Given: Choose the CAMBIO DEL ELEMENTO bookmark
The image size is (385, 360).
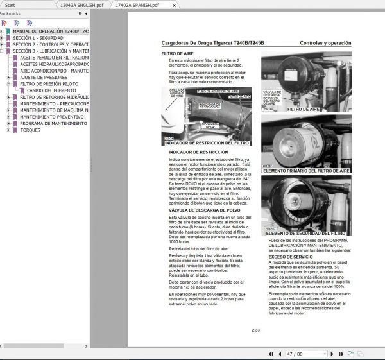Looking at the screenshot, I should pos(52,90).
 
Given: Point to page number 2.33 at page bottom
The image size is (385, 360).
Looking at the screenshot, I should pos(255,330).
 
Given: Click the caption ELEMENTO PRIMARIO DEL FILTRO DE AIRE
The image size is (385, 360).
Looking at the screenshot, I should pos(306,171).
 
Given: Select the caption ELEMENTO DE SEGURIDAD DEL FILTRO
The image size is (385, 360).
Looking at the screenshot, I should pos(305,233).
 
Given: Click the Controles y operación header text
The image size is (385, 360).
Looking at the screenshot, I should pos(325,43).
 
